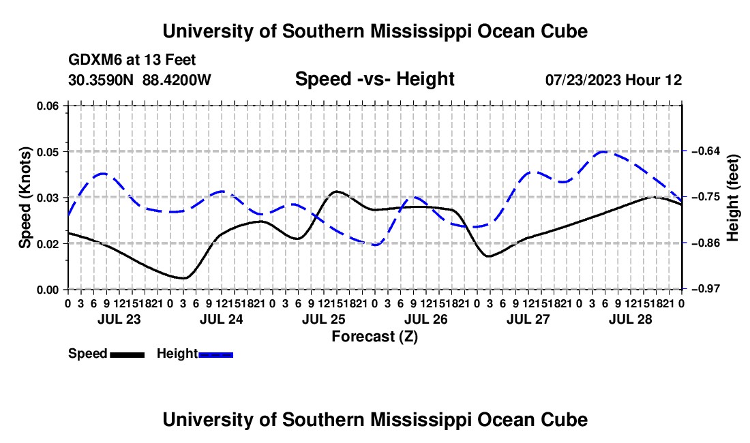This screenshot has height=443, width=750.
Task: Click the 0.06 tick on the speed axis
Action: click(47, 106)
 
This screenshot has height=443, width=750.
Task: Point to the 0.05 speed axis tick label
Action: click(47, 152)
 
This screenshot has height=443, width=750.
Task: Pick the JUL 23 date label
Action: click(119, 319)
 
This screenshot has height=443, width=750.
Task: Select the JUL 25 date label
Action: click(324, 319)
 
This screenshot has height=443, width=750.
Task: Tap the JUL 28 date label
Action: click(631, 319)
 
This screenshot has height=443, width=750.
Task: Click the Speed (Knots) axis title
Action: click(25, 198)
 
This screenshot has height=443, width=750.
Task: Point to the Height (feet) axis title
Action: click(733, 198)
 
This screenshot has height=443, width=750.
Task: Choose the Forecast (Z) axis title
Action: click(374, 337)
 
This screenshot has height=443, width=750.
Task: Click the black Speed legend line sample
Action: click(127, 354)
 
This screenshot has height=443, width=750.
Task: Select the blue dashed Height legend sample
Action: click(215, 354)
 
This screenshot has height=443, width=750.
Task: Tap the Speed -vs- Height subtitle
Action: click(374, 79)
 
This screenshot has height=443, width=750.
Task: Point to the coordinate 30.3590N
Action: click(101, 80)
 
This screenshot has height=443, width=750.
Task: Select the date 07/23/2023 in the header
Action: click(583, 80)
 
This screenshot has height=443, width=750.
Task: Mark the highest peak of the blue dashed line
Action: click(603, 152)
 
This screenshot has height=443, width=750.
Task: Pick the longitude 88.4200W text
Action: click(177, 80)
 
